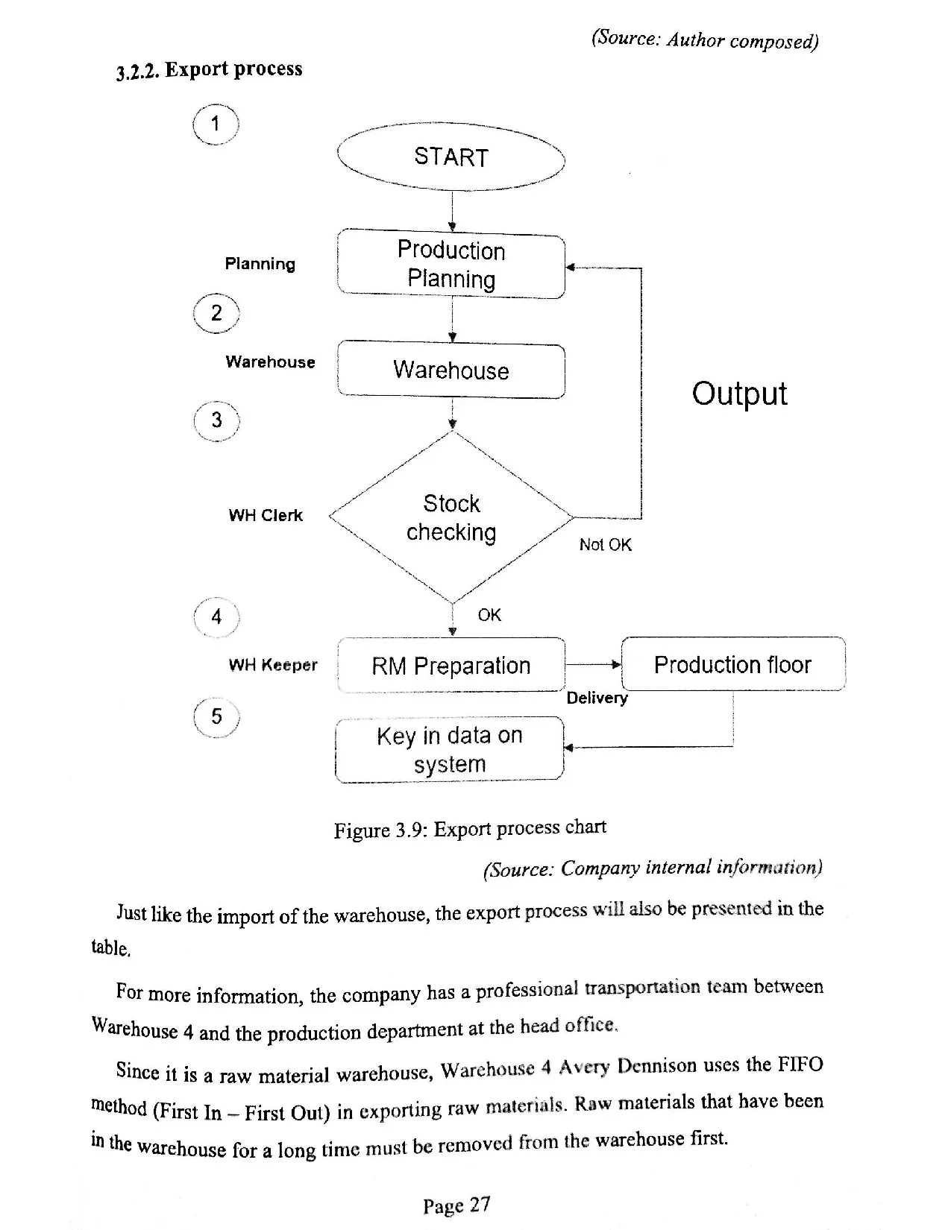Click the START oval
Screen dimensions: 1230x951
(x=451, y=157)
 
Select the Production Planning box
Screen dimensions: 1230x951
(x=451, y=265)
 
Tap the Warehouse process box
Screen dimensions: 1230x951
(x=451, y=370)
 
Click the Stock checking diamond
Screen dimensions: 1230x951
(x=451, y=517)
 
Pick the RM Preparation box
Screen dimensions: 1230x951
(x=451, y=665)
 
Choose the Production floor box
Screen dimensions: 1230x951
(x=732, y=664)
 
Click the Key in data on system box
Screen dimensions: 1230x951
(x=450, y=749)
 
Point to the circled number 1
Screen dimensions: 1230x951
(x=215, y=124)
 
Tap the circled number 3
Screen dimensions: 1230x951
(x=216, y=420)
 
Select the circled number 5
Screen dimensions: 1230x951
(x=216, y=716)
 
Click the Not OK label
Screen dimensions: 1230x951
(x=605, y=545)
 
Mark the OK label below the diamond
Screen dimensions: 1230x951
(x=489, y=615)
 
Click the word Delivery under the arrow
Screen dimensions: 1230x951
(x=597, y=698)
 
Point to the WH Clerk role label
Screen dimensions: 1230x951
(x=266, y=515)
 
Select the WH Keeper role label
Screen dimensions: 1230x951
(x=273, y=665)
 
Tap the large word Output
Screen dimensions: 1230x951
(x=739, y=394)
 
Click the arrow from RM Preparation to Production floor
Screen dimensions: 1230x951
(x=593, y=664)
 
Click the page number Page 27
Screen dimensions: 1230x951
(x=456, y=1205)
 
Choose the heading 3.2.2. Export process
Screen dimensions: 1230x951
(x=210, y=70)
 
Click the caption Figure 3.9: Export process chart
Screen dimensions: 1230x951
(x=470, y=829)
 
